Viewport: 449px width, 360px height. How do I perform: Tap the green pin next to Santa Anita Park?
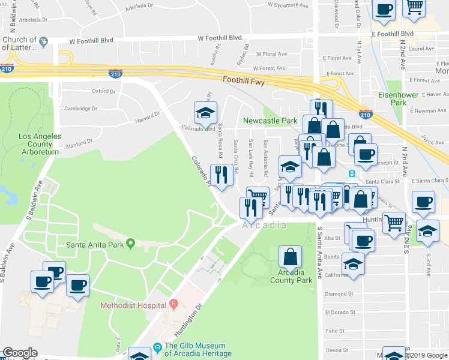pyautogui.click(x=130, y=243)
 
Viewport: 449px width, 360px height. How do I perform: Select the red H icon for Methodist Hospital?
pyautogui.click(x=173, y=305)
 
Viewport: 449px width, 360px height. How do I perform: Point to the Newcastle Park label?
pyautogui.click(x=270, y=121)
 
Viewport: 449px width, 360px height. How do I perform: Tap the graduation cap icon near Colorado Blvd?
pyautogui.click(x=205, y=112)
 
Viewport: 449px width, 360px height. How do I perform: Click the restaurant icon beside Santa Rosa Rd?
pyautogui.click(x=221, y=175)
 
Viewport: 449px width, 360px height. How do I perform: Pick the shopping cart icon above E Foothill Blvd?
pyautogui.click(x=414, y=8)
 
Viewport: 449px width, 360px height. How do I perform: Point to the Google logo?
pyautogui.click(x=20, y=353)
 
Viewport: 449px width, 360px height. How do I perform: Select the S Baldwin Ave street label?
pyautogui.click(x=7, y=258)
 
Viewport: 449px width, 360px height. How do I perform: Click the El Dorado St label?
pyautogui.click(x=339, y=313)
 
